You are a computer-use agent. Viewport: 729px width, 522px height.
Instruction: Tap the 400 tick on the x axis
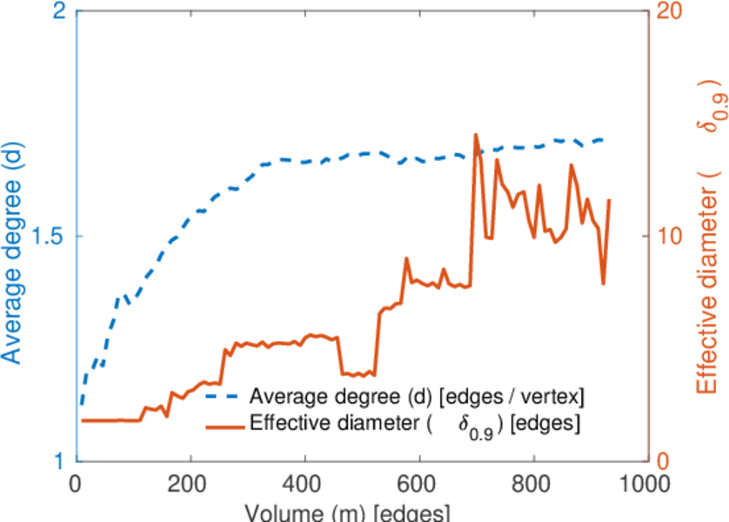tap(305, 483)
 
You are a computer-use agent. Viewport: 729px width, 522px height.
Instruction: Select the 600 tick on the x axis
tap(419, 483)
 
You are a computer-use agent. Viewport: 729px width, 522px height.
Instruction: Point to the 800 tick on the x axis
tap(533, 483)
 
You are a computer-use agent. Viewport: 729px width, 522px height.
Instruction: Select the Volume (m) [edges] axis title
tap(348, 512)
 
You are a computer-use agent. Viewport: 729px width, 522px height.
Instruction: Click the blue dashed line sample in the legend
tap(224, 397)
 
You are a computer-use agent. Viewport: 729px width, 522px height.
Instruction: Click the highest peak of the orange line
tap(475, 135)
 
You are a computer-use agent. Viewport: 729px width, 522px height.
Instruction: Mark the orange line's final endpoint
tap(609, 200)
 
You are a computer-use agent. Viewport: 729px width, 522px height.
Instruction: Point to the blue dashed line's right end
tap(603, 139)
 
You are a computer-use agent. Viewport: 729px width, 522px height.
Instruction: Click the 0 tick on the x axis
tap(77, 483)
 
